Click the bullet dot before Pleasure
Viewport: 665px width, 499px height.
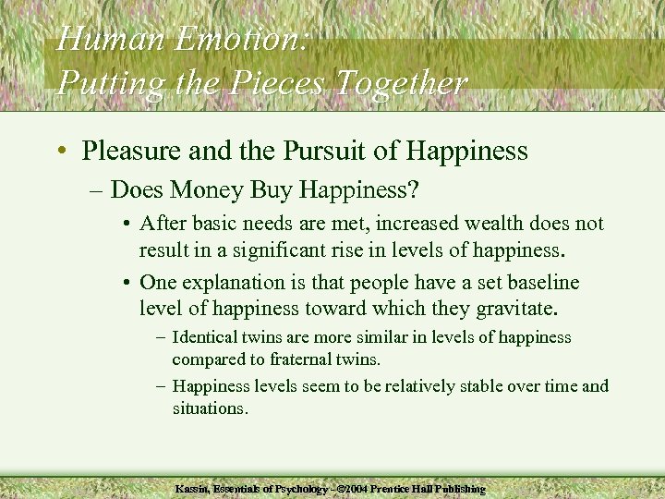pyautogui.click(x=62, y=151)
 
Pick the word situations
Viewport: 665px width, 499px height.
pyautogui.click(x=209, y=407)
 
